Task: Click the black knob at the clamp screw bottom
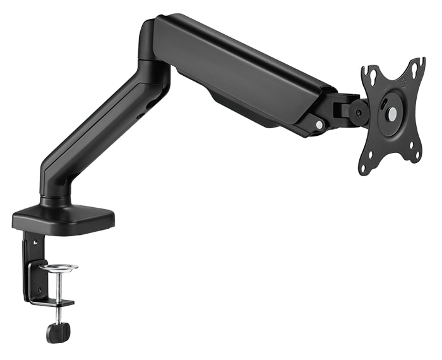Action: pyautogui.click(x=58, y=332)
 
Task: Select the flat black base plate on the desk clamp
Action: pyautogui.click(x=63, y=218)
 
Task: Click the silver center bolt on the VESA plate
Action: pyautogui.click(x=391, y=114)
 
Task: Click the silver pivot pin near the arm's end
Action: pyautogui.click(x=320, y=126)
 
